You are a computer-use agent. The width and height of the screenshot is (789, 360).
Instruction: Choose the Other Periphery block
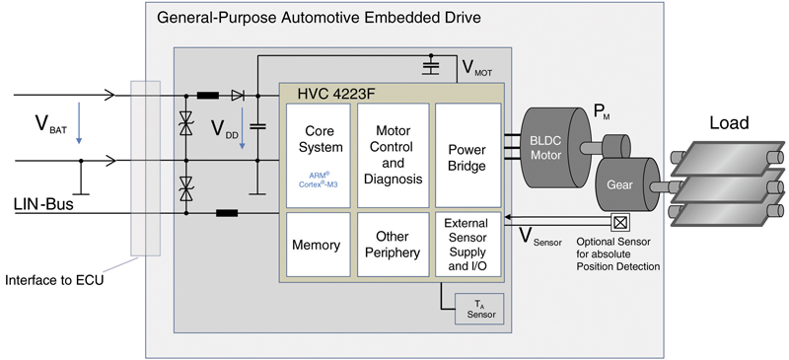tap(393, 245)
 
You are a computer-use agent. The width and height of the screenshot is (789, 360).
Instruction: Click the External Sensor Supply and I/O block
tap(466, 245)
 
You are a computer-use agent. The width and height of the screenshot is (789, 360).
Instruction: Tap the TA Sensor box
tap(479, 309)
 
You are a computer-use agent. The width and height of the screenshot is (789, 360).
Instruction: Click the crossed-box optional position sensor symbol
tap(619, 220)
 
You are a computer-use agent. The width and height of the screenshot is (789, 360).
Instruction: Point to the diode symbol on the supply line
tap(238, 96)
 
